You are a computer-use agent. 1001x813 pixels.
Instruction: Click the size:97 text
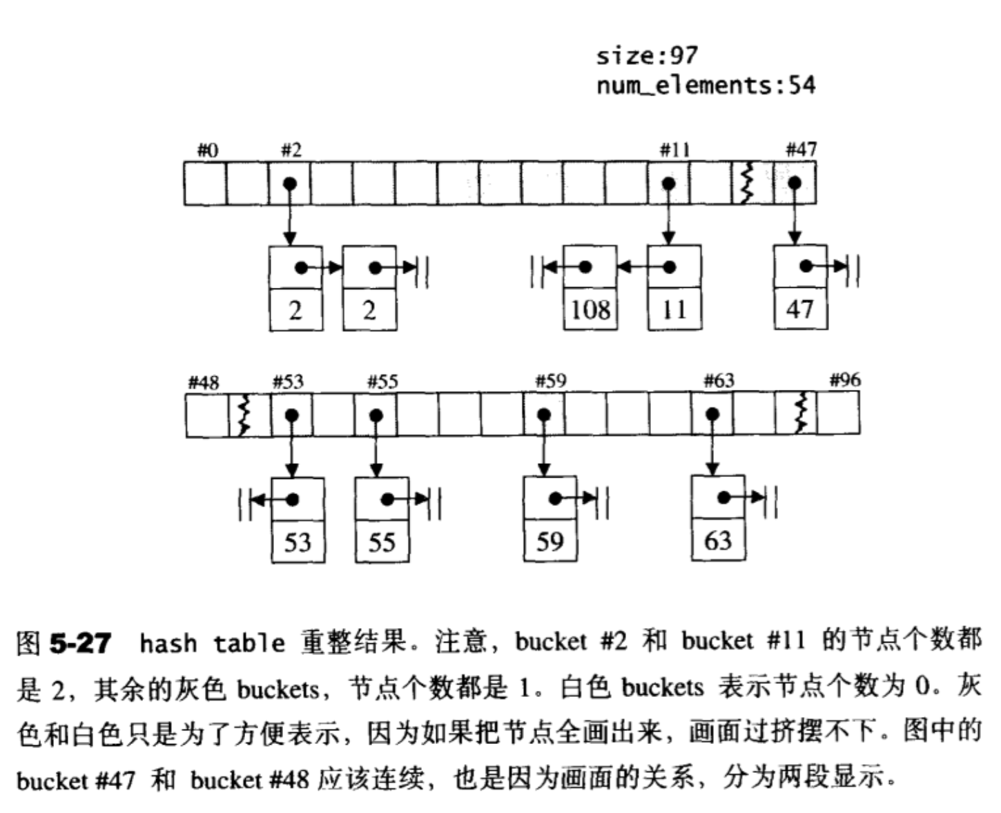click(x=647, y=56)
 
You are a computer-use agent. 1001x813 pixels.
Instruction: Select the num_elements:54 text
click(x=706, y=86)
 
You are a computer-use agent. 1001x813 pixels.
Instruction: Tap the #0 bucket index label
click(x=208, y=150)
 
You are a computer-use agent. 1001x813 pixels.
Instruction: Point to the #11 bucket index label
click(x=675, y=150)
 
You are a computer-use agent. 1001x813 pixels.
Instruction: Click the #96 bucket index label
click(x=845, y=380)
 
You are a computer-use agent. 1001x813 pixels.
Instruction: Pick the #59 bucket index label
click(x=551, y=381)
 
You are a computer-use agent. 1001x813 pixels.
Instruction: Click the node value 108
click(x=590, y=309)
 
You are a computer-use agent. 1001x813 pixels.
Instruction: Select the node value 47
click(x=800, y=309)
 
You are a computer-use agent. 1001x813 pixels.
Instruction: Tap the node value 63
click(x=718, y=540)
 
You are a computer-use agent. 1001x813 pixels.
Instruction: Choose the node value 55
click(x=382, y=542)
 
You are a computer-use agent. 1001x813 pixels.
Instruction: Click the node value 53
click(x=298, y=542)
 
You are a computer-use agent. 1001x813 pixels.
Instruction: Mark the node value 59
click(x=550, y=541)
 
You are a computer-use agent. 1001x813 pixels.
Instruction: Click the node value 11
click(x=674, y=309)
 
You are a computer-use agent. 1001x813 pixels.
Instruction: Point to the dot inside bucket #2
click(x=290, y=183)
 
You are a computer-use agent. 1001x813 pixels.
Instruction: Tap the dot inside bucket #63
click(x=712, y=414)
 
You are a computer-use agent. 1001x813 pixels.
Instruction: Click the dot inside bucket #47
click(x=795, y=183)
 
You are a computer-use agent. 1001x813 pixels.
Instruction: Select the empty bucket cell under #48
click(x=207, y=415)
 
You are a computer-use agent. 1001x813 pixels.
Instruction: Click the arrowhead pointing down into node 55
click(x=376, y=470)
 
